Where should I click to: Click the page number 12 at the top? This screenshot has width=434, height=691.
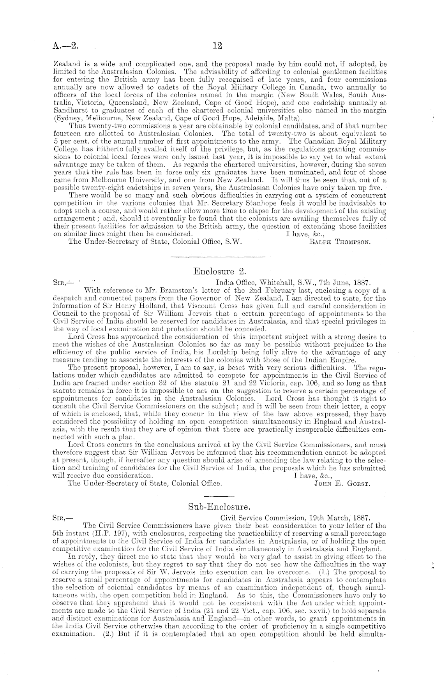(x=217, y=46)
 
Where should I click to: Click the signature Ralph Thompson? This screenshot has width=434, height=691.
(x=339, y=241)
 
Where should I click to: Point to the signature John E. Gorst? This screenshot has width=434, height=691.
(x=342, y=484)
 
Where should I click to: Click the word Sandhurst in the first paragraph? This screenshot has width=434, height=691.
(x=67, y=111)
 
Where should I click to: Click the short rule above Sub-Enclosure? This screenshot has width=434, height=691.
(x=219, y=496)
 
